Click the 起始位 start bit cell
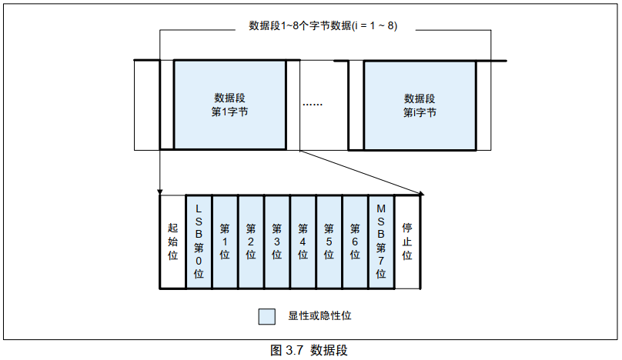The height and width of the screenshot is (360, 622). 172,241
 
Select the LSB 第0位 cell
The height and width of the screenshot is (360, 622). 199,241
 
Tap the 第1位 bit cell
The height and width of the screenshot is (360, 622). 225,241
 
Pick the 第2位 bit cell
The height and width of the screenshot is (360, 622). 251,241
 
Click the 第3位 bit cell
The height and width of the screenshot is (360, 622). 277,241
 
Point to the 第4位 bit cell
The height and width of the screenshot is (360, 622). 303,241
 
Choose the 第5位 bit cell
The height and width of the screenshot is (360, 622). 329,241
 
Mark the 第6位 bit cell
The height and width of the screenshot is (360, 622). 355,241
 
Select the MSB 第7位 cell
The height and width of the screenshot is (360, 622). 381,241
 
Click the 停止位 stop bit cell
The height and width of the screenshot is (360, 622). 408,241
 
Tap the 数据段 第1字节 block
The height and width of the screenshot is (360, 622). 229,105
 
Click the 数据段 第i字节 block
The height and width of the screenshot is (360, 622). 420,105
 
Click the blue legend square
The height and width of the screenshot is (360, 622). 267,316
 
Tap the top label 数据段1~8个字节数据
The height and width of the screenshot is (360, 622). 323,25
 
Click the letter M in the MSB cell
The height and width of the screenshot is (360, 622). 381,208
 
